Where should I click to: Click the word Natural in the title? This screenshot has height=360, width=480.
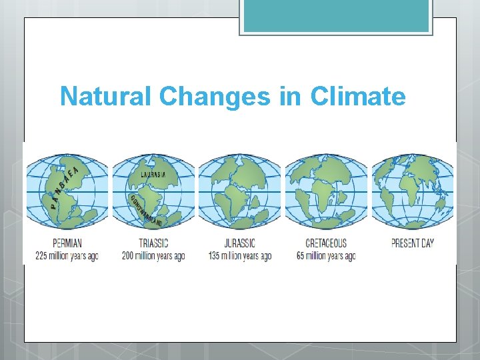pyautogui.click(x=107, y=97)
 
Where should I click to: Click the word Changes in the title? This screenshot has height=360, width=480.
pyautogui.click(x=215, y=97)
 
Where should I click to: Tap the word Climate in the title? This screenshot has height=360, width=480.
pyautogui.click(x=357, y=97)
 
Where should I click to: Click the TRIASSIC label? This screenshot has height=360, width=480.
pyautogui.click(x=153, y=243)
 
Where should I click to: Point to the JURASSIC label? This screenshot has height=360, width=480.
pyautogui.click(x=239, y=243)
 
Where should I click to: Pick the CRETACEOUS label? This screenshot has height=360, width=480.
pyautogui.click(x=326, y=243)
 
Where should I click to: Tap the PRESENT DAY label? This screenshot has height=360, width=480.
pyautogui.click(x=413, y=243)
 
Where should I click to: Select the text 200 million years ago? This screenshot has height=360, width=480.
pyautogui.click(x=153, y=256)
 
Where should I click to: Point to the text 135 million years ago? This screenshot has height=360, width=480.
pyautogui.click(x=239, y=256)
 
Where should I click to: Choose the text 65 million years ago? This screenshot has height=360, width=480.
pyautogui.click(x=326, y=256)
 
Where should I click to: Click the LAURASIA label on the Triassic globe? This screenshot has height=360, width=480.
pyautogui.click(x=153, y=174)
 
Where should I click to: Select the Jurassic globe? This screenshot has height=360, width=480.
pyautogui.click(x=240, y=192)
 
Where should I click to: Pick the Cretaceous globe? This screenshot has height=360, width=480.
pyautogui.click(x=326, y=192)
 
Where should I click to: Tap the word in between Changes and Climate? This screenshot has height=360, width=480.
pyautogui.click(x=290, y=97)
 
